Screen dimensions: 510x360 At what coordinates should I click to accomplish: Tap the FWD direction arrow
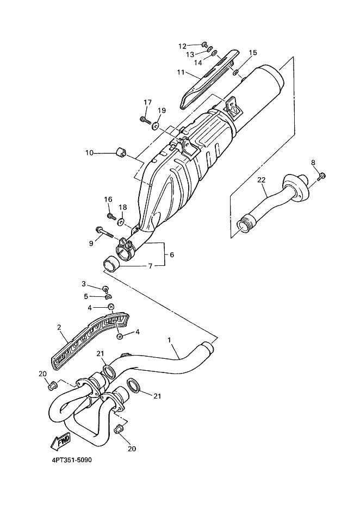[61, 442]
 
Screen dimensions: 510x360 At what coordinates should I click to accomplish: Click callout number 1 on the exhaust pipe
[170, 340]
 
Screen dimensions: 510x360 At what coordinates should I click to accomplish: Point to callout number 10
[89, 153]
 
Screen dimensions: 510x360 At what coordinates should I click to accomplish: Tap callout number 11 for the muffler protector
[181, 71]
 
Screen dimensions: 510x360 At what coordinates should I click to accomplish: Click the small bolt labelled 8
[321, 175]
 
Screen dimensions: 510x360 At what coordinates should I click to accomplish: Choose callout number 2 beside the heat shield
[59, 327]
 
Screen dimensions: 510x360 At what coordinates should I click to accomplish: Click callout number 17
[147, 102]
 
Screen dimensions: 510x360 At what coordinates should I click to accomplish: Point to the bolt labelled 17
[145, 119]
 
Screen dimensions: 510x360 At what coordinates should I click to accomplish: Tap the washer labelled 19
[156, 127]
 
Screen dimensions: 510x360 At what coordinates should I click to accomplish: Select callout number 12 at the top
[182, 46]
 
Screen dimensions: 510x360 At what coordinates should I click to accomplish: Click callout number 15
[253, 53]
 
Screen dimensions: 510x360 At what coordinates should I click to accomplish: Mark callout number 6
[172, 254]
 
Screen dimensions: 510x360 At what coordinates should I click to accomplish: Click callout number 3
[84, 284]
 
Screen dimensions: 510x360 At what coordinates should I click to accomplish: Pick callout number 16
[108, 200]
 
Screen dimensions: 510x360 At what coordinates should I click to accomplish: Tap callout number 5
[85, 296]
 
